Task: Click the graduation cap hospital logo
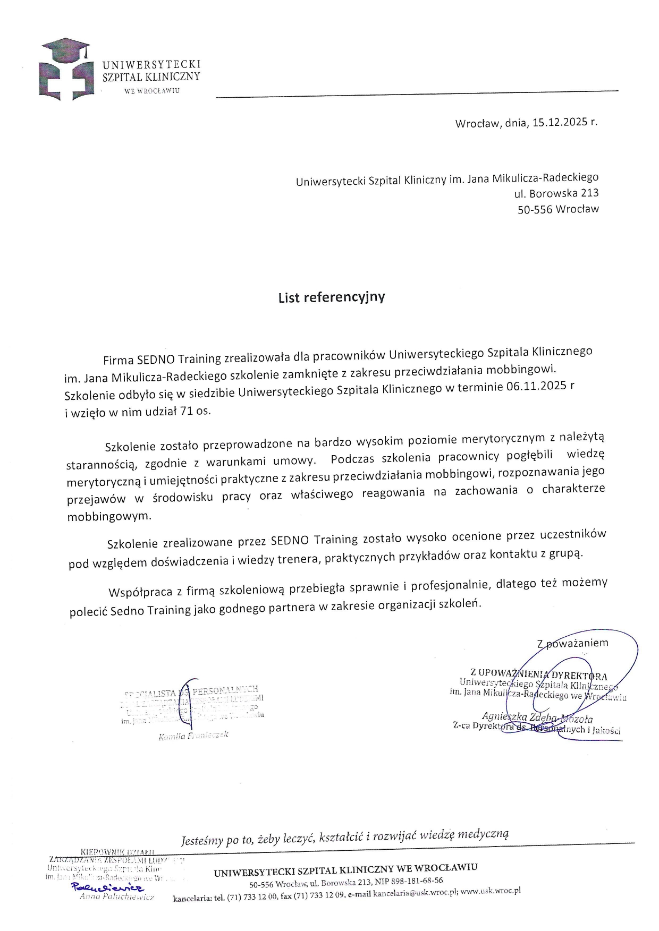pyautogui.click(x=66, y=70)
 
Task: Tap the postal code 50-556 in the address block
pyautogui.click(x=534, y=209)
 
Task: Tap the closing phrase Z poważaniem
pyautogui.click(x=572, y=643)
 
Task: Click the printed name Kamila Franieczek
pyautogui.click(x=193, y=736)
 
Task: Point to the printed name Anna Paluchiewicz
pyautogui.click(x=116, y=896)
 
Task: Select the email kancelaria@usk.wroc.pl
pyautogui.click(x=416, y=892)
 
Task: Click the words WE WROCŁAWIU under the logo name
pyautogui.click(x=151, y=91)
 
